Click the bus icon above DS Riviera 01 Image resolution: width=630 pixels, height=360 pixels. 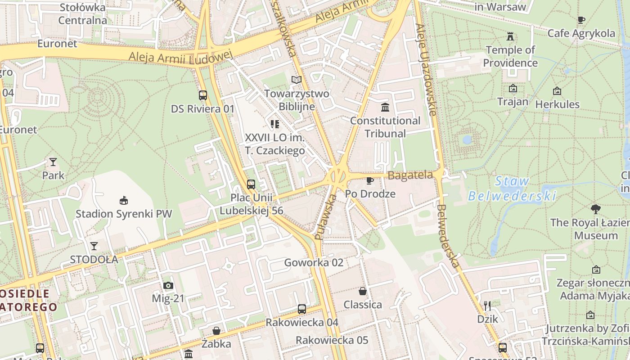click(203, 95)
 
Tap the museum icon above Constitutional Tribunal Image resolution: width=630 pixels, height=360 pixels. click(385, 107)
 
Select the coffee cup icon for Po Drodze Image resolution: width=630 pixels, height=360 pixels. click(370, 180)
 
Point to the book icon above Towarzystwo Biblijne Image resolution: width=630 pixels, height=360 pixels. click(296, 80)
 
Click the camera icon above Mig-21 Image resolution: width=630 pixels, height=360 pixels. click(168, 285)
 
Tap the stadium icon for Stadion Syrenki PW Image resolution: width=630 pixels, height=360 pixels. click(123, 200)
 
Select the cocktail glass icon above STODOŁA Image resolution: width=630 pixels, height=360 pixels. click(94, 246)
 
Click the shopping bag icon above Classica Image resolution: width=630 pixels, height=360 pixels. click(363, 291)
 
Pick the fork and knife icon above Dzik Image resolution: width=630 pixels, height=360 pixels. click(487, 306)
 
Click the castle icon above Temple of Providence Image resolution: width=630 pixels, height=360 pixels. click(510, 36)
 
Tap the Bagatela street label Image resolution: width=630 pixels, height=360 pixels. click(410, 175)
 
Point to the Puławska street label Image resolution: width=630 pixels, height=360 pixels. click(326, 217)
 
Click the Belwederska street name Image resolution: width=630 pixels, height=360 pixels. click(449, 236)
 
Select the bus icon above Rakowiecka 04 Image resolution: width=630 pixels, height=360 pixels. click(302, 309)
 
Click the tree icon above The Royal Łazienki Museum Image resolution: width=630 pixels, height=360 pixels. click(596, 209)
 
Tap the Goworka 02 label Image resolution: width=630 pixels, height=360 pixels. click(314, 262)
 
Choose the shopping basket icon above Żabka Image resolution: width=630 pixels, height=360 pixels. click(216, 331)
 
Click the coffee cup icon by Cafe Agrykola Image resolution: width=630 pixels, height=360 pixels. click(581, 20)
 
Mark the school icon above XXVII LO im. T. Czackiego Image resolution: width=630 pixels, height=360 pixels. click(275, 124)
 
